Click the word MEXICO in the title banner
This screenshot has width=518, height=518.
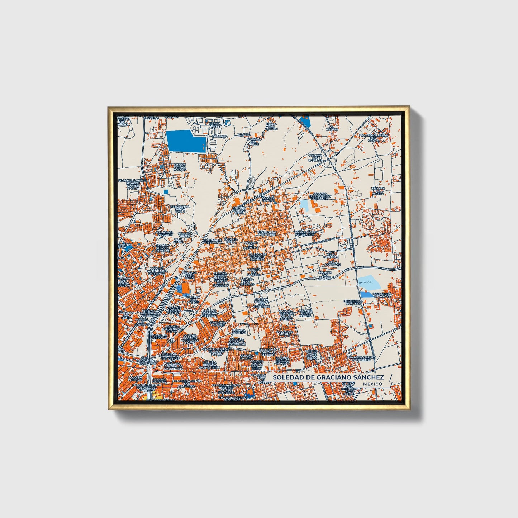pyautogui.click(x=372, y=384)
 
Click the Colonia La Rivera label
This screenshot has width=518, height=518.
pyautogui.click(x=378, y=190)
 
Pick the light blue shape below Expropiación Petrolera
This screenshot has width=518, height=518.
pyautogui.click(x=304, y=205)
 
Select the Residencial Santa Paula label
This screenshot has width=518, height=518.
pyautogui.click(x=180, y=209)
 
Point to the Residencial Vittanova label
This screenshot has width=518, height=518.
pyautogui.click(x=382, y=295)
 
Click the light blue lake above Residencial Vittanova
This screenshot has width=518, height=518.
pyautogui.click(x=369, y=282)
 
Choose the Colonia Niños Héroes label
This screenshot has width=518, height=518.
pyautogui.click(x=305, y=313)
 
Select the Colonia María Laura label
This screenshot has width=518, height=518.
pyautogui.click(x=190, y=275)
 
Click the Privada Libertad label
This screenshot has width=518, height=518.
pyautogui.click(x=239, y=331)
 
